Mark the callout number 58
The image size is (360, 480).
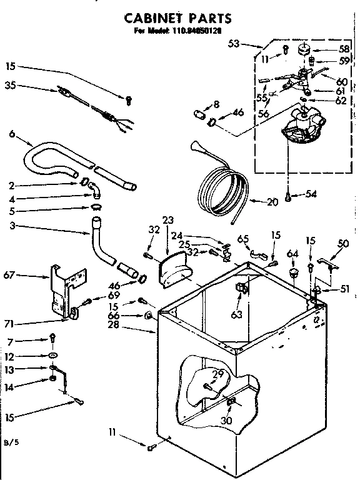click(344, 48)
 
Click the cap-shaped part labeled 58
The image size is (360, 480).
click(306, 49)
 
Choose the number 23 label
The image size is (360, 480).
click(167, 219)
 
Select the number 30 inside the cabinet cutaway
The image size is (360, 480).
click(226, 420)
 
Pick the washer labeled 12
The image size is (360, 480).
click(53, 356)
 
